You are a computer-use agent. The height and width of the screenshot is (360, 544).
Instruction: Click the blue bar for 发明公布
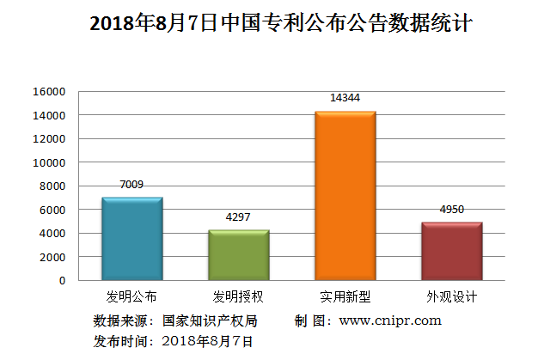coord(131,239)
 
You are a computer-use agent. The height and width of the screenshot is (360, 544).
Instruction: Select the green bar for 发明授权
coord(239,254)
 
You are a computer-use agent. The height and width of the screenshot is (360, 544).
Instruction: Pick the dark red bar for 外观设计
coord(451,251)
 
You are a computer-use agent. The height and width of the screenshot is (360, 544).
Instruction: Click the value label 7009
coord(131,184)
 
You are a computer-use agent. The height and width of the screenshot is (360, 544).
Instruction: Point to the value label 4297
coord(239,217)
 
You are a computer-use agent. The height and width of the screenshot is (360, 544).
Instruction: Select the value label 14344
coord(345,98)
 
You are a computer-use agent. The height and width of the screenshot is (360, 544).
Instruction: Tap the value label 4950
coord(451,209)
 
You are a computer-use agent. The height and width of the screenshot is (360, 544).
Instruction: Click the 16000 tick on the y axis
coord(50,92)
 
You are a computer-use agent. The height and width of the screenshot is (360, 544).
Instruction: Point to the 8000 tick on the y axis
coord(52,186)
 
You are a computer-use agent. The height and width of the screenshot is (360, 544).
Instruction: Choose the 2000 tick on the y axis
coord(52,257)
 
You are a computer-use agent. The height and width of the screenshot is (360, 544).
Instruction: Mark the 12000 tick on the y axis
coord(50,139)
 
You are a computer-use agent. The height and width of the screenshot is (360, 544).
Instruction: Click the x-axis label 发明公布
coord(131,297)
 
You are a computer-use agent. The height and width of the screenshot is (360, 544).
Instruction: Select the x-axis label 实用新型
coord(345,297)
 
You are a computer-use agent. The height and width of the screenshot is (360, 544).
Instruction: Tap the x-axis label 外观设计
coord(451,297)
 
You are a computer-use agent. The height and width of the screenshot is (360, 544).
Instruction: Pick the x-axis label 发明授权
coord(239,297)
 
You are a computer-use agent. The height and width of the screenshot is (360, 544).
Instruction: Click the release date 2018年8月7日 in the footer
coord(208,341)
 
